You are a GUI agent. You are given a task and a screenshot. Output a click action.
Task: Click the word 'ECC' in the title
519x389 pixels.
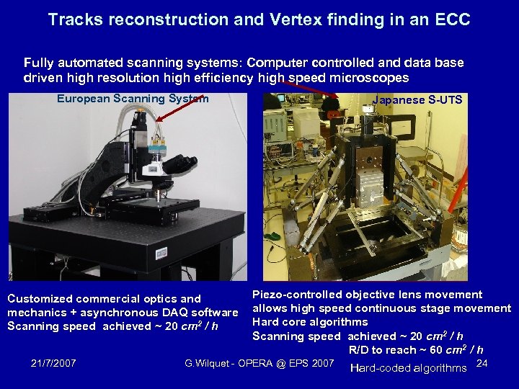(x=453, y=19)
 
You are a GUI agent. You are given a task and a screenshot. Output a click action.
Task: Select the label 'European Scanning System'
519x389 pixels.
(x=133, y=99)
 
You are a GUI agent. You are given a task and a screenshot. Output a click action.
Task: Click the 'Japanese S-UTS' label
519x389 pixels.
(x=417, y=100)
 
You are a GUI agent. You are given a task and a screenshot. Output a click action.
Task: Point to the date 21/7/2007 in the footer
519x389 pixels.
(x=55, y=362)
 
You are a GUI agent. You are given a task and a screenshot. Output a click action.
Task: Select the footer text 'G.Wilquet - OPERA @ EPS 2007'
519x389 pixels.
(x=259, y=362)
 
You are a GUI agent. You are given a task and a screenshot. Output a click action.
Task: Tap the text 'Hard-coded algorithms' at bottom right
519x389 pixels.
(x=408, y=368)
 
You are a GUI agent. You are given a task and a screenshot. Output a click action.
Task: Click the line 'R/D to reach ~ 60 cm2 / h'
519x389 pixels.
(x=416, y=349)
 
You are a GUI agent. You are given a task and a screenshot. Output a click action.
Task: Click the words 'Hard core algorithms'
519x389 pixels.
(x=310, y=322)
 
